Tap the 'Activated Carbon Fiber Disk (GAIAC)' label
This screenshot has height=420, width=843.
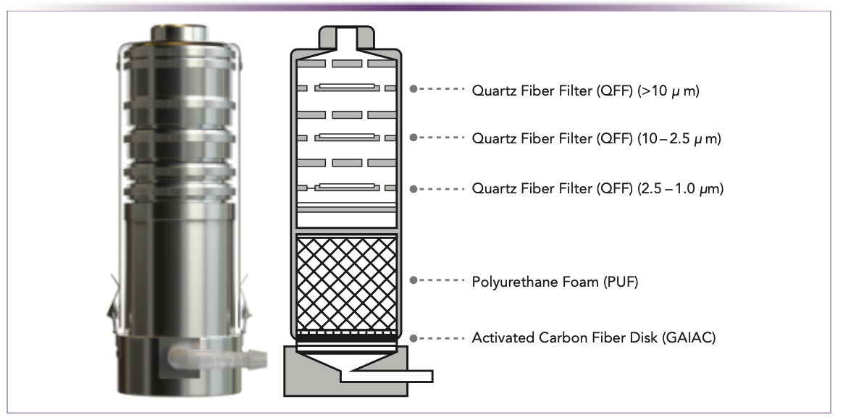pyautogui.click(x=594, y=338)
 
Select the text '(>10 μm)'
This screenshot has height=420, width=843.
pyautogui.click(x=667, y=92)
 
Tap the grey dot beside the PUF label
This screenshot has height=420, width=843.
pyautogui.click(x=414, y=280)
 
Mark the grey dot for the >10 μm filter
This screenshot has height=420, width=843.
pyautogui.click(x=414, y=89)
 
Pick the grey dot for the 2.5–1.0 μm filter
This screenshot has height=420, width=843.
pyautogui.click(x=414, y=188)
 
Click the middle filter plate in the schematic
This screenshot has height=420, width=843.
pyautogui.click(x=346, y=137)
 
